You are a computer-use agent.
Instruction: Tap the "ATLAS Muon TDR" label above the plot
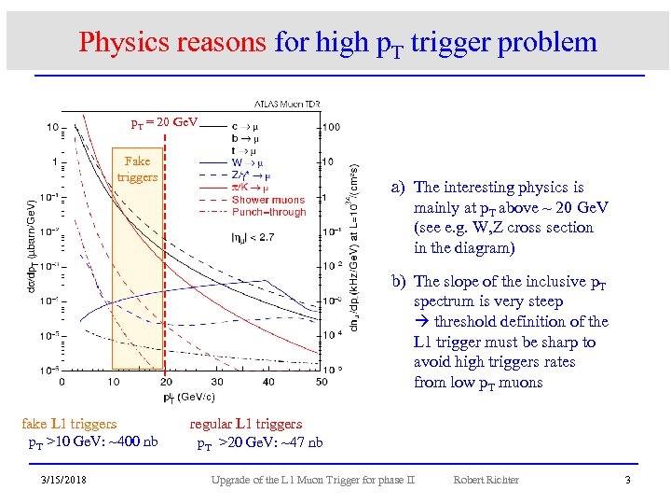(291, 104)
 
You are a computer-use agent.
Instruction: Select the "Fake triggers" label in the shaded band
(137, 169)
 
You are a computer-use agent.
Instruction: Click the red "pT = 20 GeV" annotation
(163, 123)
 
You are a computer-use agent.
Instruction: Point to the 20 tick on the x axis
(166, 381)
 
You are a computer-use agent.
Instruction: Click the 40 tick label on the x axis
(269, 381)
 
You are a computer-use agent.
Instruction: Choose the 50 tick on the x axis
(322, 381)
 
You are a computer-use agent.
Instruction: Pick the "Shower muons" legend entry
(267, 200)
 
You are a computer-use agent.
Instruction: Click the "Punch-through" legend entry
(268, 212)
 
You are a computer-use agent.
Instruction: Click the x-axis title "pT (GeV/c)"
(186, 397)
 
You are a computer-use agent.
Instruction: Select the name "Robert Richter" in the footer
(486, 480)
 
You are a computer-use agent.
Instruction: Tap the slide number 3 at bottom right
(627, 480)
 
